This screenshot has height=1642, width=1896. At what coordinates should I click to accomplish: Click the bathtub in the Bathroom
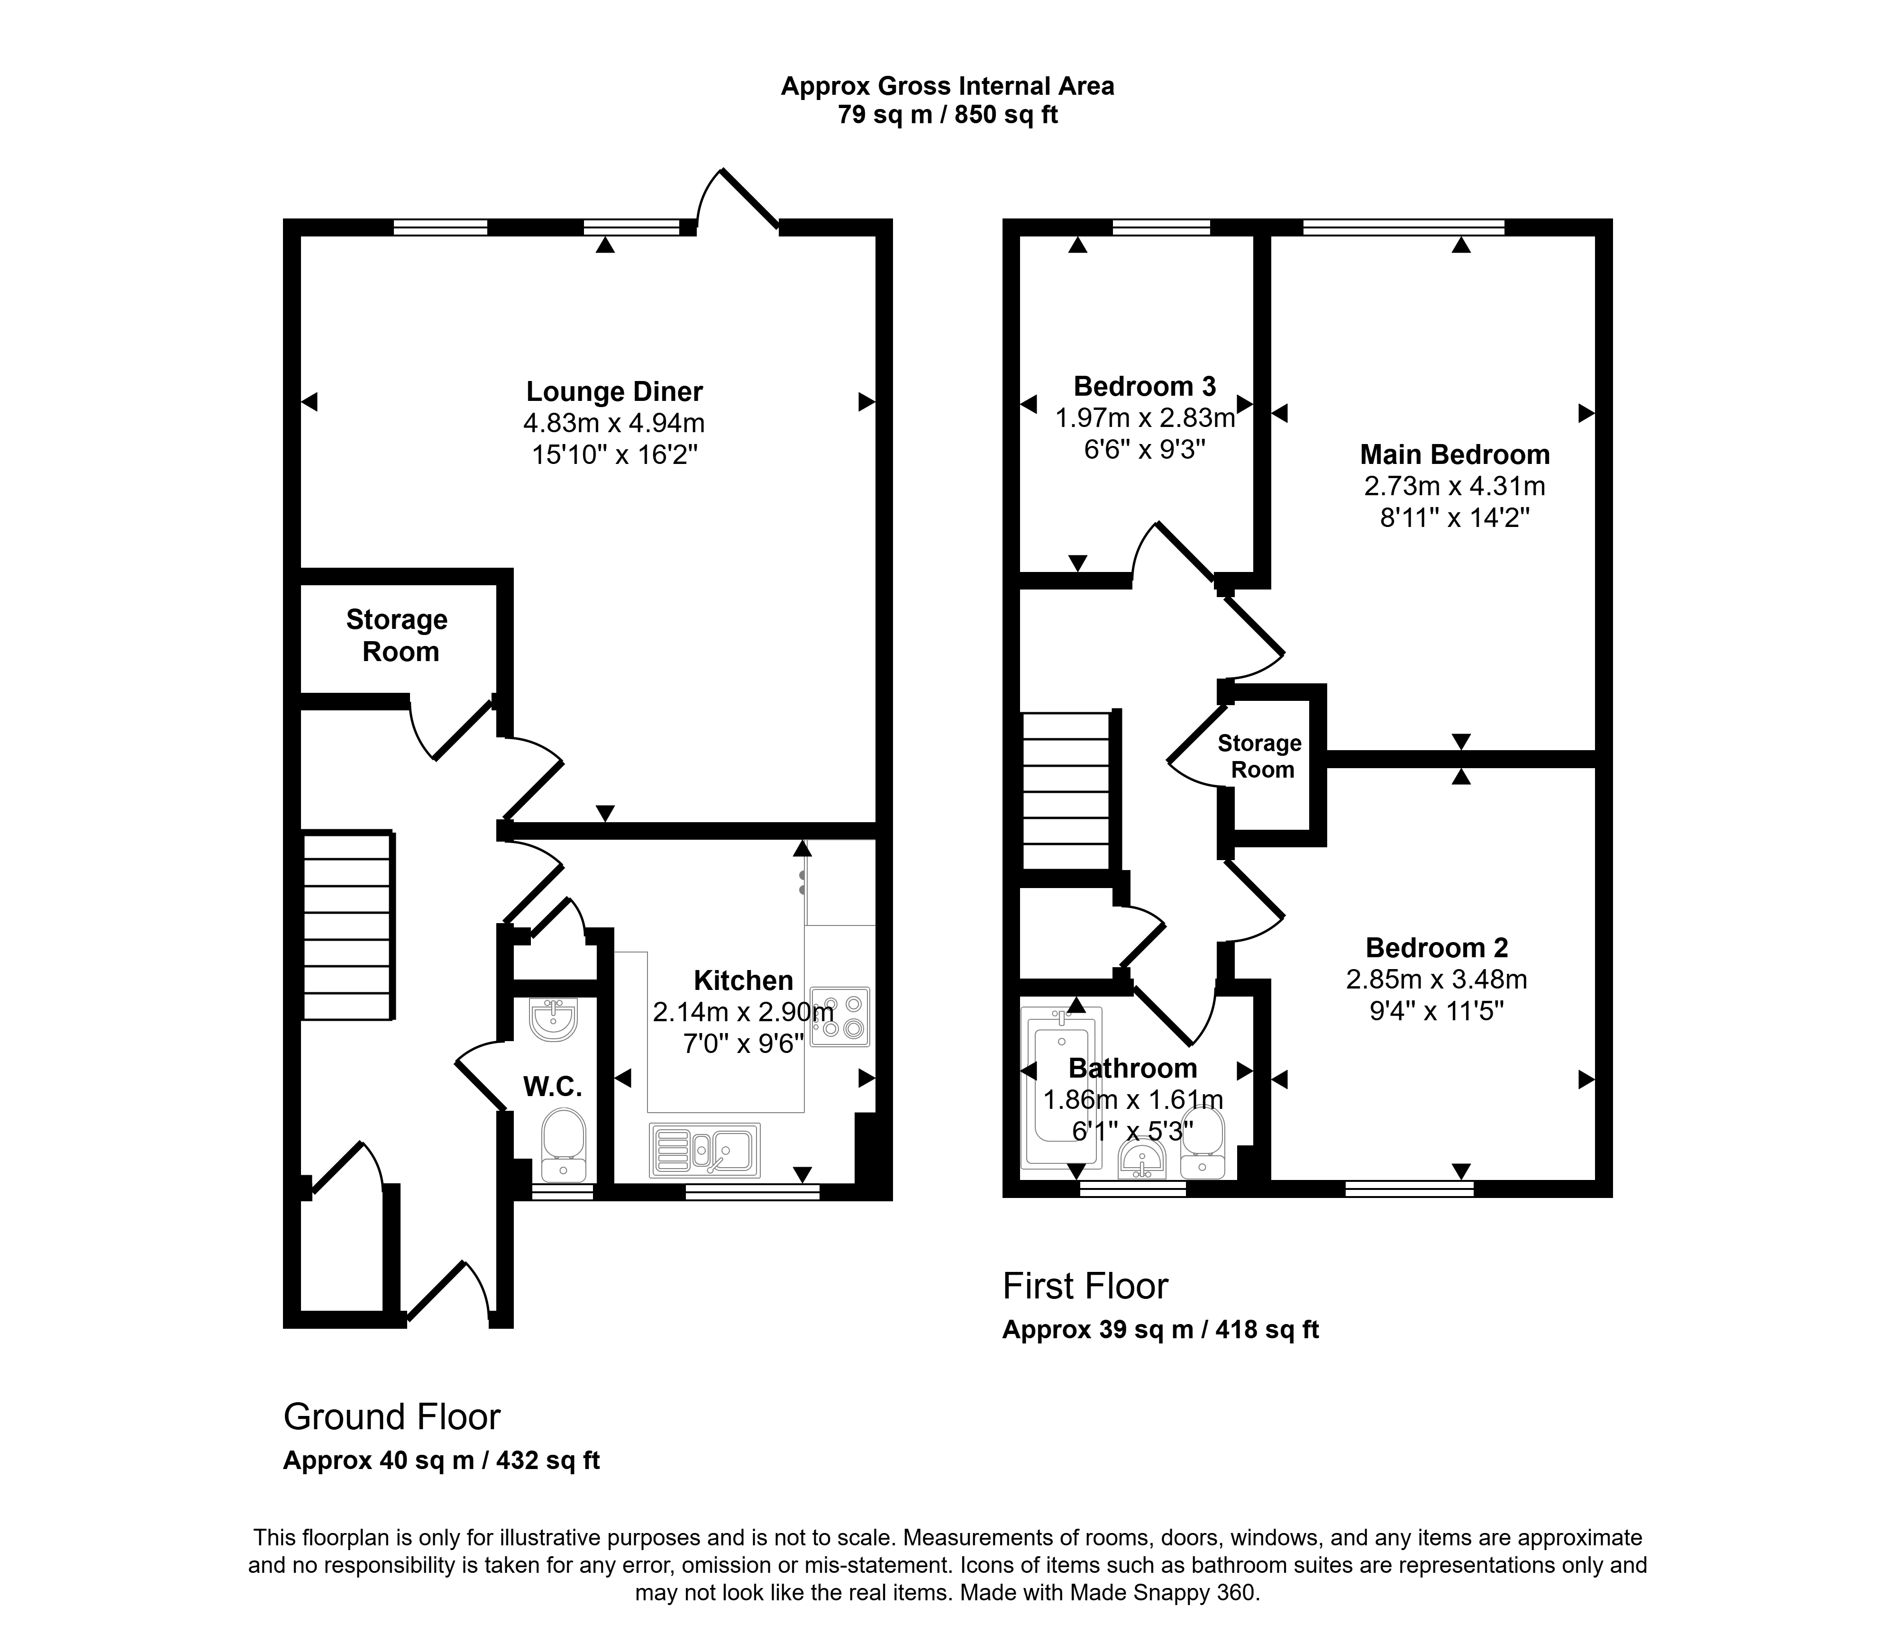click(1062, 1088)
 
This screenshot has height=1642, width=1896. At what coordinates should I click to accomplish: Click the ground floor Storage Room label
click(398, 636)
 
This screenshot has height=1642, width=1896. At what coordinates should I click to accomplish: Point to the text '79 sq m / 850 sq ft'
click(948, 116)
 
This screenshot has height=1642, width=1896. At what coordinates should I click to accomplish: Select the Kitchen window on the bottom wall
click(752, 1191)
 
